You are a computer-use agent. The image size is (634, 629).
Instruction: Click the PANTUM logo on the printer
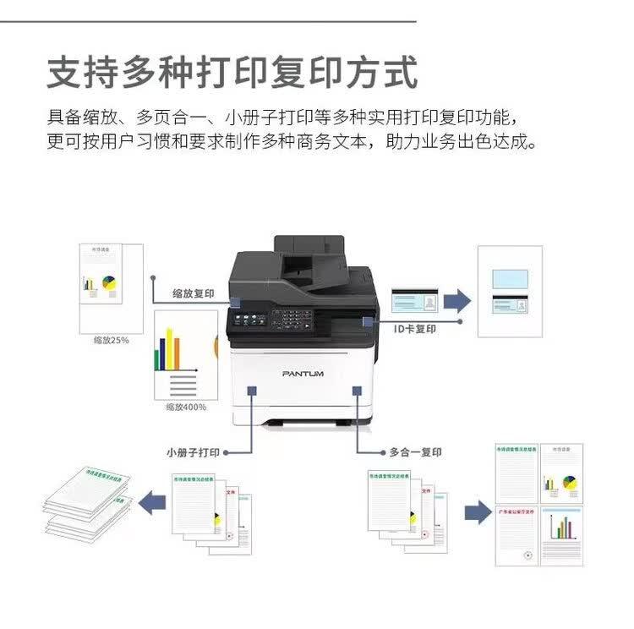point(303,373)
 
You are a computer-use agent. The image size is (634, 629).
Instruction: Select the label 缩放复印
point(193,293)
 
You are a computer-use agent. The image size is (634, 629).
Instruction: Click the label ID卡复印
point(415,328)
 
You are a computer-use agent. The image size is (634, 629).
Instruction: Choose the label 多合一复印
point(415,452)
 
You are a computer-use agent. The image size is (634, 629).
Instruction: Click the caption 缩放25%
point(111,342)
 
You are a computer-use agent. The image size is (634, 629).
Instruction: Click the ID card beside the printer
point(413,301)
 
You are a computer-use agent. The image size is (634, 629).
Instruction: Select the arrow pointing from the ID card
point(456,300)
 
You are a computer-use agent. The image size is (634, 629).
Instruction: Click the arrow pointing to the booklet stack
point(152,505)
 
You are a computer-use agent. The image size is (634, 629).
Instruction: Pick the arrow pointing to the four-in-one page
point(477,511)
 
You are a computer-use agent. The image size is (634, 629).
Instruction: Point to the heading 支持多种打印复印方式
point(232,73)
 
